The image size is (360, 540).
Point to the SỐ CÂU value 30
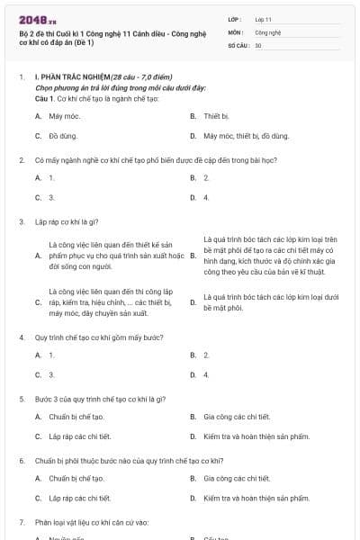point(258,45)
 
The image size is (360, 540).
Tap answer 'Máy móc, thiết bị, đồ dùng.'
point(246,137)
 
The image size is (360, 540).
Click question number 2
point(21,159)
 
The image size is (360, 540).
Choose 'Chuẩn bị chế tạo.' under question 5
point(76,417)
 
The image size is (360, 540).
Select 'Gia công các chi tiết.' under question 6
point(237,479)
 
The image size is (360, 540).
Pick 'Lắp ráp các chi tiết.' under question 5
point(80,436)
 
